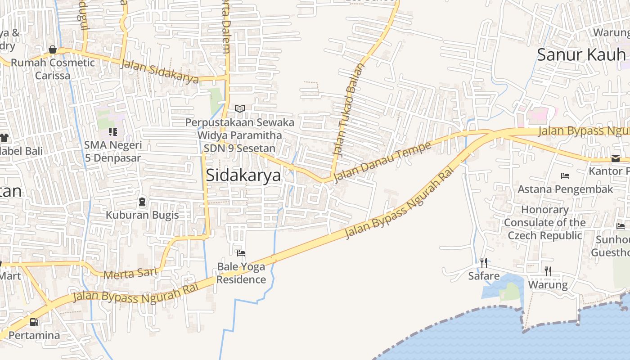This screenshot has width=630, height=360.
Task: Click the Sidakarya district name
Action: (243, 175)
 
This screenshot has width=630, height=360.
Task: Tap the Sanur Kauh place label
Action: (581, 55)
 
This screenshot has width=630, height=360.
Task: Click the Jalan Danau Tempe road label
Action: (382, 161)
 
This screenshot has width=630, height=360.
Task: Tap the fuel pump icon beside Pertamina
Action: (34, 322)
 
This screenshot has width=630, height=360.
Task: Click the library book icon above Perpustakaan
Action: (240, 108)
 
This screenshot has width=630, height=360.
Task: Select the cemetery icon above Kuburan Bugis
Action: (142, 202)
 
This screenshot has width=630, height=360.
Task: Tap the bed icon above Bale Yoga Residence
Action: (241, 253)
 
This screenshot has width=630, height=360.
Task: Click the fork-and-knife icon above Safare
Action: (484, 262)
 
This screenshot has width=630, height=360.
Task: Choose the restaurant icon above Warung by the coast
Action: (548, 271)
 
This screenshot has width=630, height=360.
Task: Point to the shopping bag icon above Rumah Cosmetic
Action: (53, 49)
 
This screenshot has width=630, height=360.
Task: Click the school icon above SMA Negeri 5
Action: (112, 132)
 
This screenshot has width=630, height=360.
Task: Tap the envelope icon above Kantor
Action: (615, 158)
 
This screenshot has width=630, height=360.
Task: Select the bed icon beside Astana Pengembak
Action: (565, 175)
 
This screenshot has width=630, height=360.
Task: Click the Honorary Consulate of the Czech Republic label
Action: (545, 222)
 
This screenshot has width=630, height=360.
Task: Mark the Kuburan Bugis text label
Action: (142, 215)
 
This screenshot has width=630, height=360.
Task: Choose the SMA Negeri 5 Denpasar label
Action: (112, 152)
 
